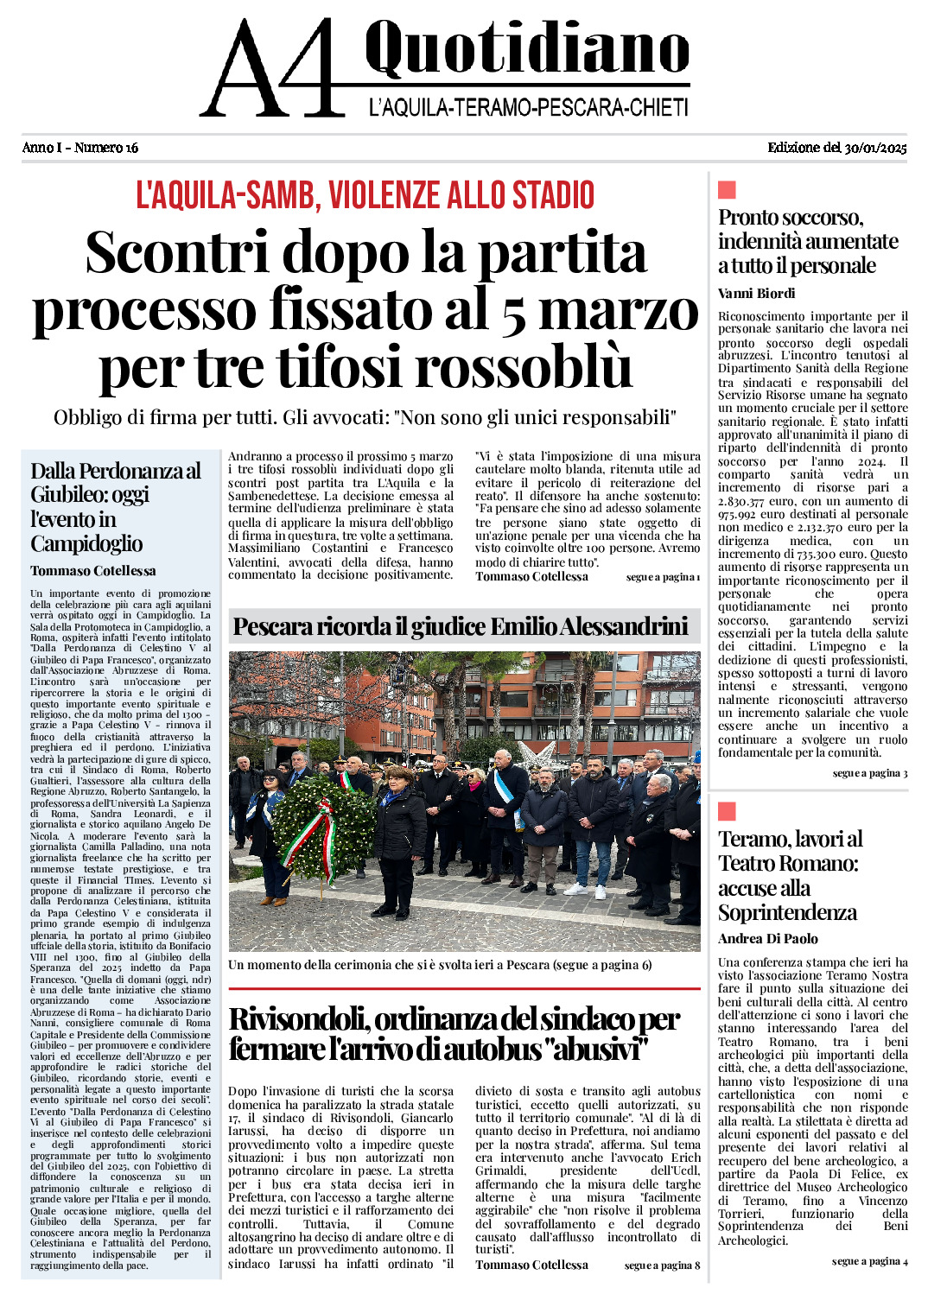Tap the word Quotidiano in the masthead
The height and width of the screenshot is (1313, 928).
pyautogui.click(x=527, y=49)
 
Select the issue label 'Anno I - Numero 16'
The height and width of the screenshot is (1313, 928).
pyautogui.click(x=80, y=148)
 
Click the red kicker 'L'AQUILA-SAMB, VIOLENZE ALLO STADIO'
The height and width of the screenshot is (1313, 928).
pyautogui.click(x=365, y=196)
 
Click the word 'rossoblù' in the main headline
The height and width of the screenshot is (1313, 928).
pyautogui.click(x=524, y=368)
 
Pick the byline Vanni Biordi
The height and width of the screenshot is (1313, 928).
pyautogui.click(x=756, y=294)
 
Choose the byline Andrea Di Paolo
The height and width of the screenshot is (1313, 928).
pyautogui.click(x=767, y=939)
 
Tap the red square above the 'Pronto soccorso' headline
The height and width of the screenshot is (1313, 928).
pyautogui.click(x=727, y=190)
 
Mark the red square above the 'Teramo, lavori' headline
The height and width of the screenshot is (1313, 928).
pyautogui.click(x=727, y=811)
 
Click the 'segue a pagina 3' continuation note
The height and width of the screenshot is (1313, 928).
pyautogui.click(x=869, y=773)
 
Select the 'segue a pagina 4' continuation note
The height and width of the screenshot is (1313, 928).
pyautogui.click(x=869, y=1261)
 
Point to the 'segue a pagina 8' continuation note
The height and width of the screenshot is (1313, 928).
pyautogui.click(x=662, y=1265)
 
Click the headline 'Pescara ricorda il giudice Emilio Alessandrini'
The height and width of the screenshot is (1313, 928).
pyautogui.click(x=461, y=626)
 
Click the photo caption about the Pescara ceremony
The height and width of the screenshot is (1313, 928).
pyautogui.click(x=440, y=965)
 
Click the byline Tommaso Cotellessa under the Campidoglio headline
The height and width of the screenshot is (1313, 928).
pyautogui.click(x=93, y=571)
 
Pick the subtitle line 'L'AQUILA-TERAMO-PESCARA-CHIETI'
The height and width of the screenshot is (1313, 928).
pyautogui.click(x=528, y=107)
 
